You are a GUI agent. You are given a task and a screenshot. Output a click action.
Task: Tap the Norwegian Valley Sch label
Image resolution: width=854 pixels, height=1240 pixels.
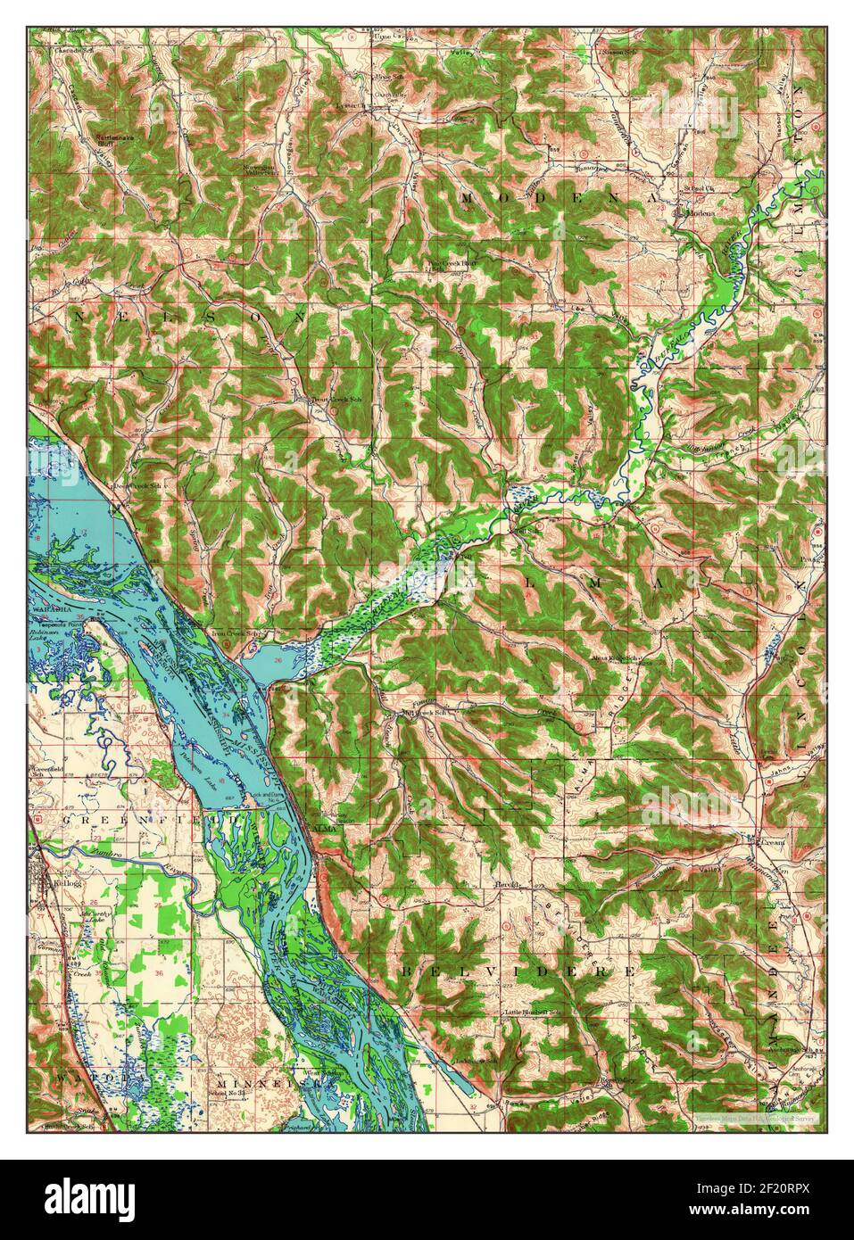(261, 169)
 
